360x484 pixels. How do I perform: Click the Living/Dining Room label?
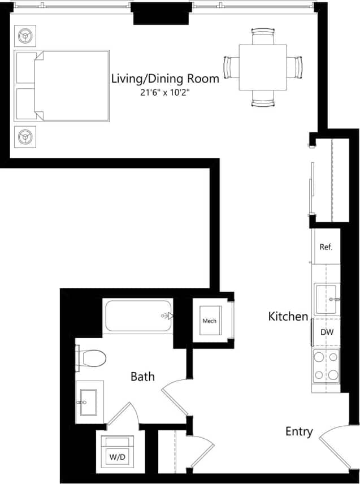tap(165, 79)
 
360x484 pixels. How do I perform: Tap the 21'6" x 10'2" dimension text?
tap(165, 93)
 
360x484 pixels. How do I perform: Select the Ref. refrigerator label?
tap(326, 247)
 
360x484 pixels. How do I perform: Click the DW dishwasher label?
tap(327, 332)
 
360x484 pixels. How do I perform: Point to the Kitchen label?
tap(288, 317)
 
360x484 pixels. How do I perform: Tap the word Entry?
tap(299, 432)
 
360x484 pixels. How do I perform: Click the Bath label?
tap(142, 376)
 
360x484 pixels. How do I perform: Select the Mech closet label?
tap(210, 321)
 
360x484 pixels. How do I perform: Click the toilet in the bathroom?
tap(92, 358)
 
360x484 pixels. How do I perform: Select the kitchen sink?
tap(327, 299)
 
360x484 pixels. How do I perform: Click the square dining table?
tap(263, 67)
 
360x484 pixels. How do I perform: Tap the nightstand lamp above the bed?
tap(25, 37)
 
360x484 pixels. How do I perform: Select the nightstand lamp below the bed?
tap(25, 136)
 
